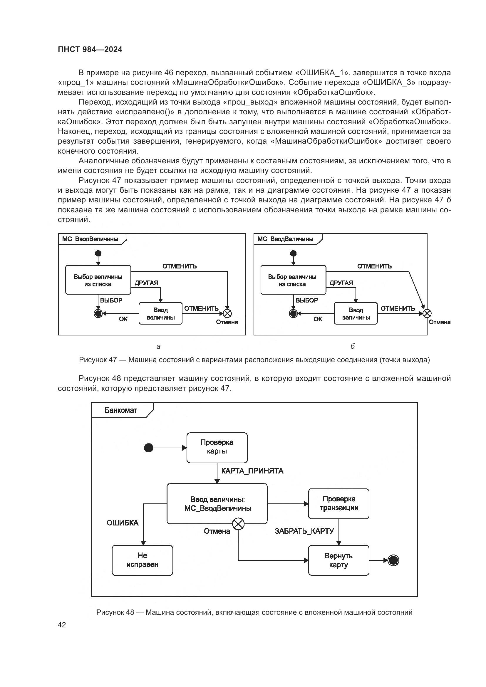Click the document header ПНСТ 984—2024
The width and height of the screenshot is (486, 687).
pos(90,49)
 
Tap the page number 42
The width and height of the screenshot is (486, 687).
pos(62,625)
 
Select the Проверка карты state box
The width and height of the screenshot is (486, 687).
pos(217,448)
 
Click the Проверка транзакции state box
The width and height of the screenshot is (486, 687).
pos(338,504)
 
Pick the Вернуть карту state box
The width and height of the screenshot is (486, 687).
pos(338,560)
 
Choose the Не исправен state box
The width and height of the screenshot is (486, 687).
pos(143,560)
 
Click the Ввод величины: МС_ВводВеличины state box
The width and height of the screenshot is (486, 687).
pos(217,504)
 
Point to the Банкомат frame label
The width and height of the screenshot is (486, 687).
pos(120,410)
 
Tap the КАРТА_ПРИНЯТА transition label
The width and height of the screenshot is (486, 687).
pos(252,471)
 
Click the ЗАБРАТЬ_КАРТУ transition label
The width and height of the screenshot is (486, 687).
pos(304,531)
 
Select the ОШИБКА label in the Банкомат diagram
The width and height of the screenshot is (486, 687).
pos(123,523)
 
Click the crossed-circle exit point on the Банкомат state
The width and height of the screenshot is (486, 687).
pos(238,524)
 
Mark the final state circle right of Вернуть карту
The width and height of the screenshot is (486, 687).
pos(393,560)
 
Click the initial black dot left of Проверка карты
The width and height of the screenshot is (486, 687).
pos(149,448)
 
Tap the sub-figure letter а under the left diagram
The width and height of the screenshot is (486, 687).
pos(159,347)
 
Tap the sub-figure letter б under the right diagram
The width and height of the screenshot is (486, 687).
pos(353,347)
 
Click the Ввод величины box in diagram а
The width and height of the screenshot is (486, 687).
pos(161,314)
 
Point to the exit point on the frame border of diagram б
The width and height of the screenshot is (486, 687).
pos(427,314)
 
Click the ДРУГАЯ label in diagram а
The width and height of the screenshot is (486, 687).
pos(146,283)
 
